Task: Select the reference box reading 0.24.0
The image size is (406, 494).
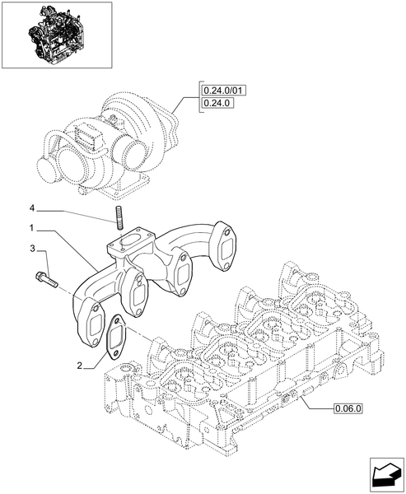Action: click(218, 104)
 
